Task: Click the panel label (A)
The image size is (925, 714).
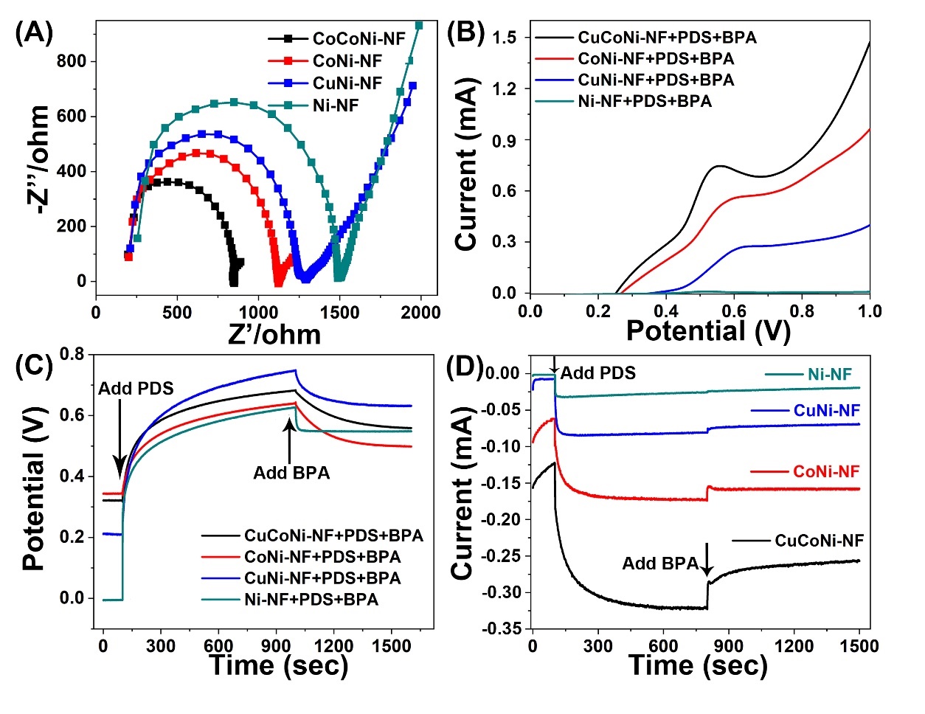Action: (34, 34)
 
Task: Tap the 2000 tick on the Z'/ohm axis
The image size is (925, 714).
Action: (420, 313)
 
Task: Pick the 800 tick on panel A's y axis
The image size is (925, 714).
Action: (72, 62)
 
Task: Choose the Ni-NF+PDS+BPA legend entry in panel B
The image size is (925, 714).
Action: (645, 102)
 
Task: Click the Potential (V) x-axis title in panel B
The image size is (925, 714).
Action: (707, 331)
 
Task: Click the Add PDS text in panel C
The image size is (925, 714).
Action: (136, 388)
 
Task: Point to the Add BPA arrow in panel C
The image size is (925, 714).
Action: (289, 443)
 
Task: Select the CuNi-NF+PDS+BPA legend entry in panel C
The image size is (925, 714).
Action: (322, 578)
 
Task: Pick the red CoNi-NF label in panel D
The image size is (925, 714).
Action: (826, 472)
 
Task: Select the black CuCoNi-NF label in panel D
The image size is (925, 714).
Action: (819, 541)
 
